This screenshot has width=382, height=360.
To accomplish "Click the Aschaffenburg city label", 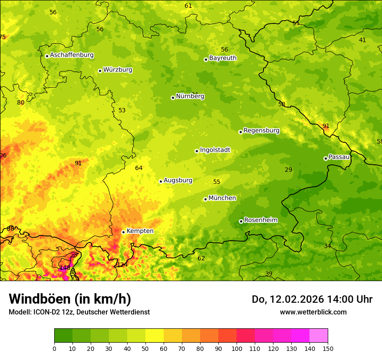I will coord(72,55).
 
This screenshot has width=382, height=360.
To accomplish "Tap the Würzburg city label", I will coord(118,70).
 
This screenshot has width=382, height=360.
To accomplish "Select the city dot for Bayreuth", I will coord(206,59).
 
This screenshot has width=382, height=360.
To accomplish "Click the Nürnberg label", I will coord(190,96).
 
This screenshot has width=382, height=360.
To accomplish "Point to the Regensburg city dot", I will coord(240,132).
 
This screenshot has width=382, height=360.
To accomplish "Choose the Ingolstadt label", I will coord(215,150).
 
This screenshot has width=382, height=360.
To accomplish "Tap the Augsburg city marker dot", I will coord(161,181).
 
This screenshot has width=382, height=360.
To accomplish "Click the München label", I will coord(222,198).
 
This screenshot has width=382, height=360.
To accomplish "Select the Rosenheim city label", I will coord(260,220).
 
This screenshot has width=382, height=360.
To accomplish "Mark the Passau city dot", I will coord(326,158).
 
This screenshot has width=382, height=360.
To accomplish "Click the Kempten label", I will coord(140,231).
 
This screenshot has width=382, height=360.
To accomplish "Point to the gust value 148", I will coord(65,268).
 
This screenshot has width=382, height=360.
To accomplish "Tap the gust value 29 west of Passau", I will coord(289,170).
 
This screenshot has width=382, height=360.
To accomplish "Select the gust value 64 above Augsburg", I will coord(139,168).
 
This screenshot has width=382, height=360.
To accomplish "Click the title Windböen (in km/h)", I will coord(70,299).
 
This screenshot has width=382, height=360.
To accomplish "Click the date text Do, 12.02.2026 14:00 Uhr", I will coord(312,299).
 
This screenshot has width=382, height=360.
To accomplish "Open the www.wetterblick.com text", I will coord(313,312).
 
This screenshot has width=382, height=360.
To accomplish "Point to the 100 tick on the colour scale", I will coord(237,348).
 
